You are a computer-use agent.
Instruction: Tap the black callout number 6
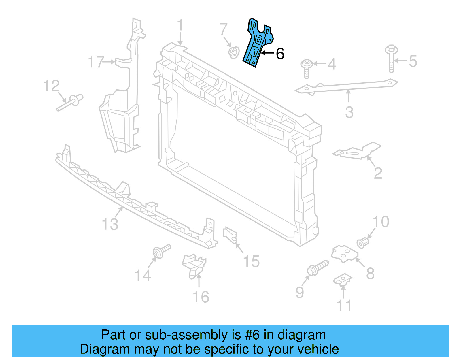pyautogui.click(x=280, y=54)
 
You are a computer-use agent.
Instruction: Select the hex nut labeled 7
pyautogui.click(x=233, y=52)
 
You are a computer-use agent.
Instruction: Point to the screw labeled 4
pyautogui.click(x=307, y=68)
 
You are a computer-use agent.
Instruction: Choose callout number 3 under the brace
pyautogui.click(x=349, y=112)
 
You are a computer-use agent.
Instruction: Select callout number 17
pyautogui.click(x=96, y=62)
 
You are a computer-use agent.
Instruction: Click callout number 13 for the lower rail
pyautogui.click(x=110, y=224)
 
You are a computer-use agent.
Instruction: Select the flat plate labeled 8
pyautogui.click(x=345, y=254)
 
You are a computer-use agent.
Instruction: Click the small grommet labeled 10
pyautogui.click(x=363, y=242)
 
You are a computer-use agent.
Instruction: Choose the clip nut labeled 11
pyautogui.click(x=343, y=280)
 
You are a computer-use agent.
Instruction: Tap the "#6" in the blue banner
pyautogui.click(x=252, y=335)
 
